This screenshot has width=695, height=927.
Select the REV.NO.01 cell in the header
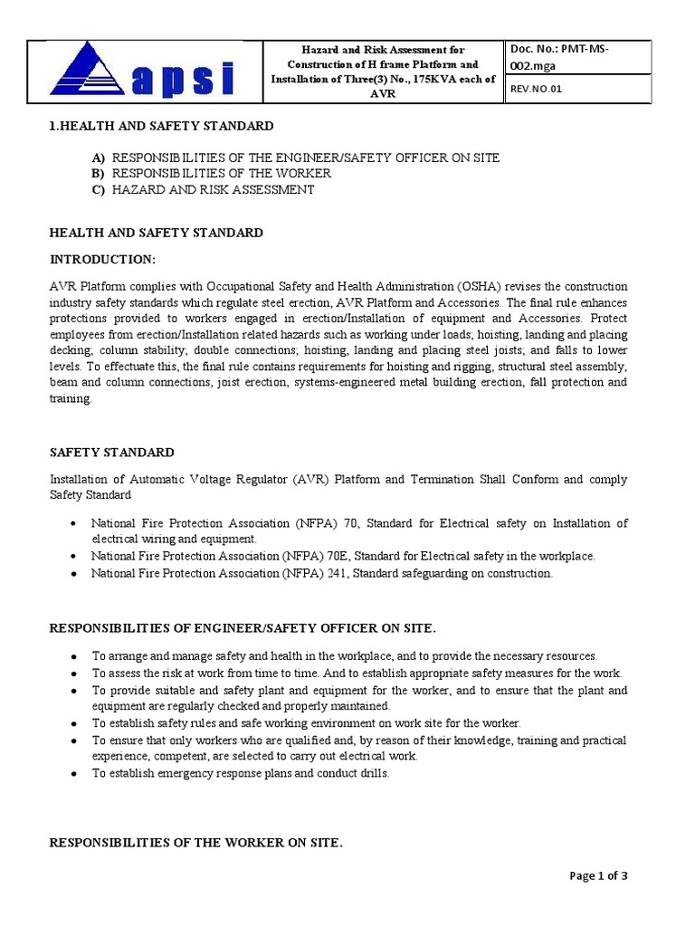coord(536,89)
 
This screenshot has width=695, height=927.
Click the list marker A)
coord(98,158)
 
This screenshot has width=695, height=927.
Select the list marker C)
coord(98,190)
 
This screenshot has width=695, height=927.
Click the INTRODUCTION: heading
coord(102,260)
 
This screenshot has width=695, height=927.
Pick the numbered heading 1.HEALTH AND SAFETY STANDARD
coord(161,126)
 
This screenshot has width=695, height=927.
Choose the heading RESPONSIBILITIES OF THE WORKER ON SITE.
coord(196,843)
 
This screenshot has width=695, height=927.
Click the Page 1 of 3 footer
coord(598,875)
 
